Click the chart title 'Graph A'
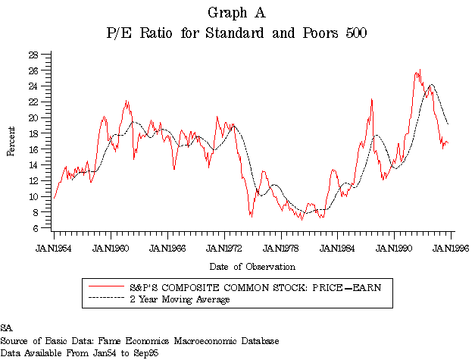coord(236,13)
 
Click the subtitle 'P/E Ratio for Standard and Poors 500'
coord(236,33)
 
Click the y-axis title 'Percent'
coord(11,141)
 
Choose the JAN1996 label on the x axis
coord(452,247)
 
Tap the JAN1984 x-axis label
coord(339,247)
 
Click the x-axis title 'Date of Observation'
coord(252,266)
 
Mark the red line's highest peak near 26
coord(418,70)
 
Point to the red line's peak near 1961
coord(127,100)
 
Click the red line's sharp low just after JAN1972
coord(251,217)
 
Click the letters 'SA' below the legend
coord(6,327)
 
